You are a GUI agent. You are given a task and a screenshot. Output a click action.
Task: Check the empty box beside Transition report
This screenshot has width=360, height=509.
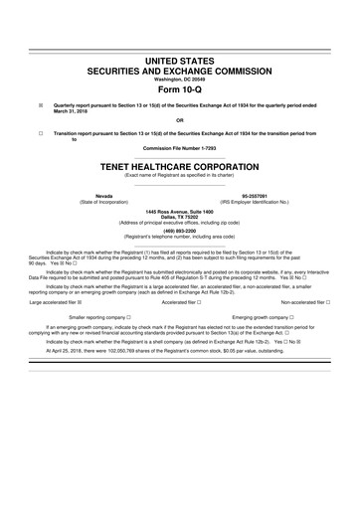pyautogui.click(x=41, y=132)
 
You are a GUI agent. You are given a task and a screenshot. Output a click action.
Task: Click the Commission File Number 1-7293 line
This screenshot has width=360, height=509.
pyautogui.click(x=180, y=149)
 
